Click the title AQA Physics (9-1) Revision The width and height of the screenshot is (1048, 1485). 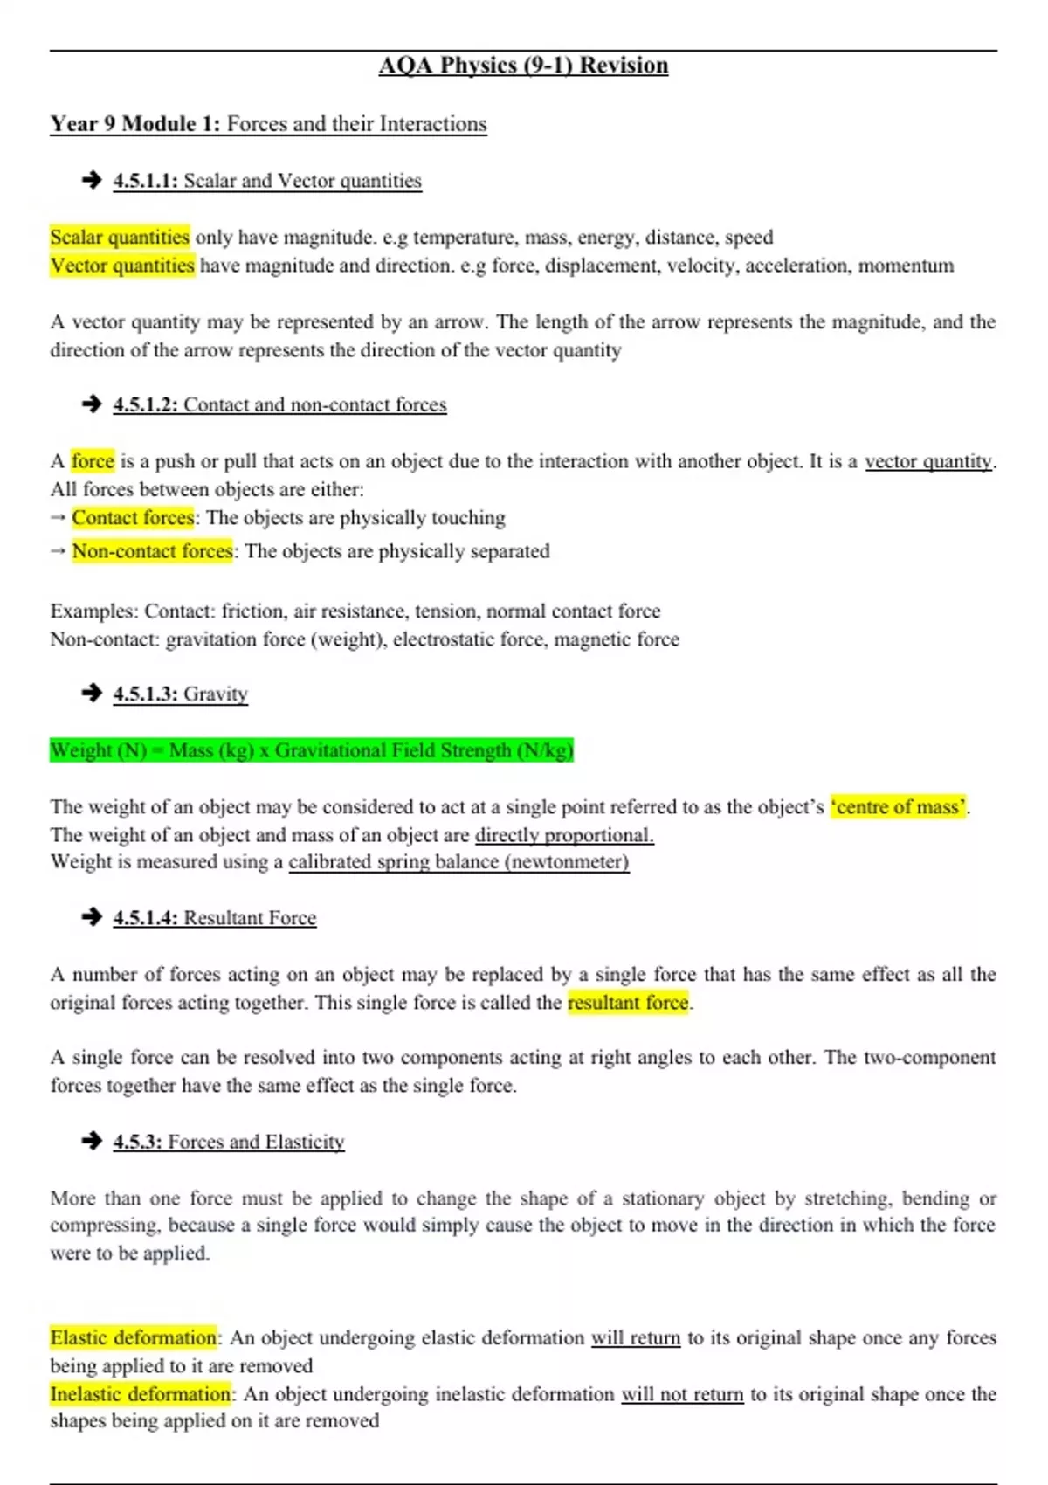[x=523, y=66]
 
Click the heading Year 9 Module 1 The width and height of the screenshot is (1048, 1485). [x=134, y=124]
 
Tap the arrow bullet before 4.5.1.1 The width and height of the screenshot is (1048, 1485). [x=92, y=180]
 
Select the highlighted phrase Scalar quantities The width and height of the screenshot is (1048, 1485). [x=120, y=237]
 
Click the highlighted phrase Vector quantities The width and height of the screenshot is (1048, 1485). [x=122, y=266]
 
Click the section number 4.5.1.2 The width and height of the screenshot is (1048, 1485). [x=145, y=404]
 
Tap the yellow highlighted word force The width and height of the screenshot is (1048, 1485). [x=93, y=461]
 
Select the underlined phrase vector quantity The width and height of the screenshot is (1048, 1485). [x=928, y=461]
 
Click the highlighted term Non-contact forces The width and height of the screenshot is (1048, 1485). [x=152, y=551]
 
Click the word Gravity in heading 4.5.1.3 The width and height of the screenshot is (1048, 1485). [x=216, y=694]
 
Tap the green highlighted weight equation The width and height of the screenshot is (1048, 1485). [x=312, y=750]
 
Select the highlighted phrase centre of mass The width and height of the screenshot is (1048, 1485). [x=899, y=807]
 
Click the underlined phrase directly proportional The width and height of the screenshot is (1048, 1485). [x=564, y=835]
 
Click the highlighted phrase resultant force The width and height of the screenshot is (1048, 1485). [x=628, y=1003]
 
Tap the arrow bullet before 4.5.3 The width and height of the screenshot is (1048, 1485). [x=92, y=1141]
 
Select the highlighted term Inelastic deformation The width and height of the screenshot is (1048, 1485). [x=140, y=1394]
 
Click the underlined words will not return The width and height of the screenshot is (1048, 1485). [x=682, y=1394]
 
